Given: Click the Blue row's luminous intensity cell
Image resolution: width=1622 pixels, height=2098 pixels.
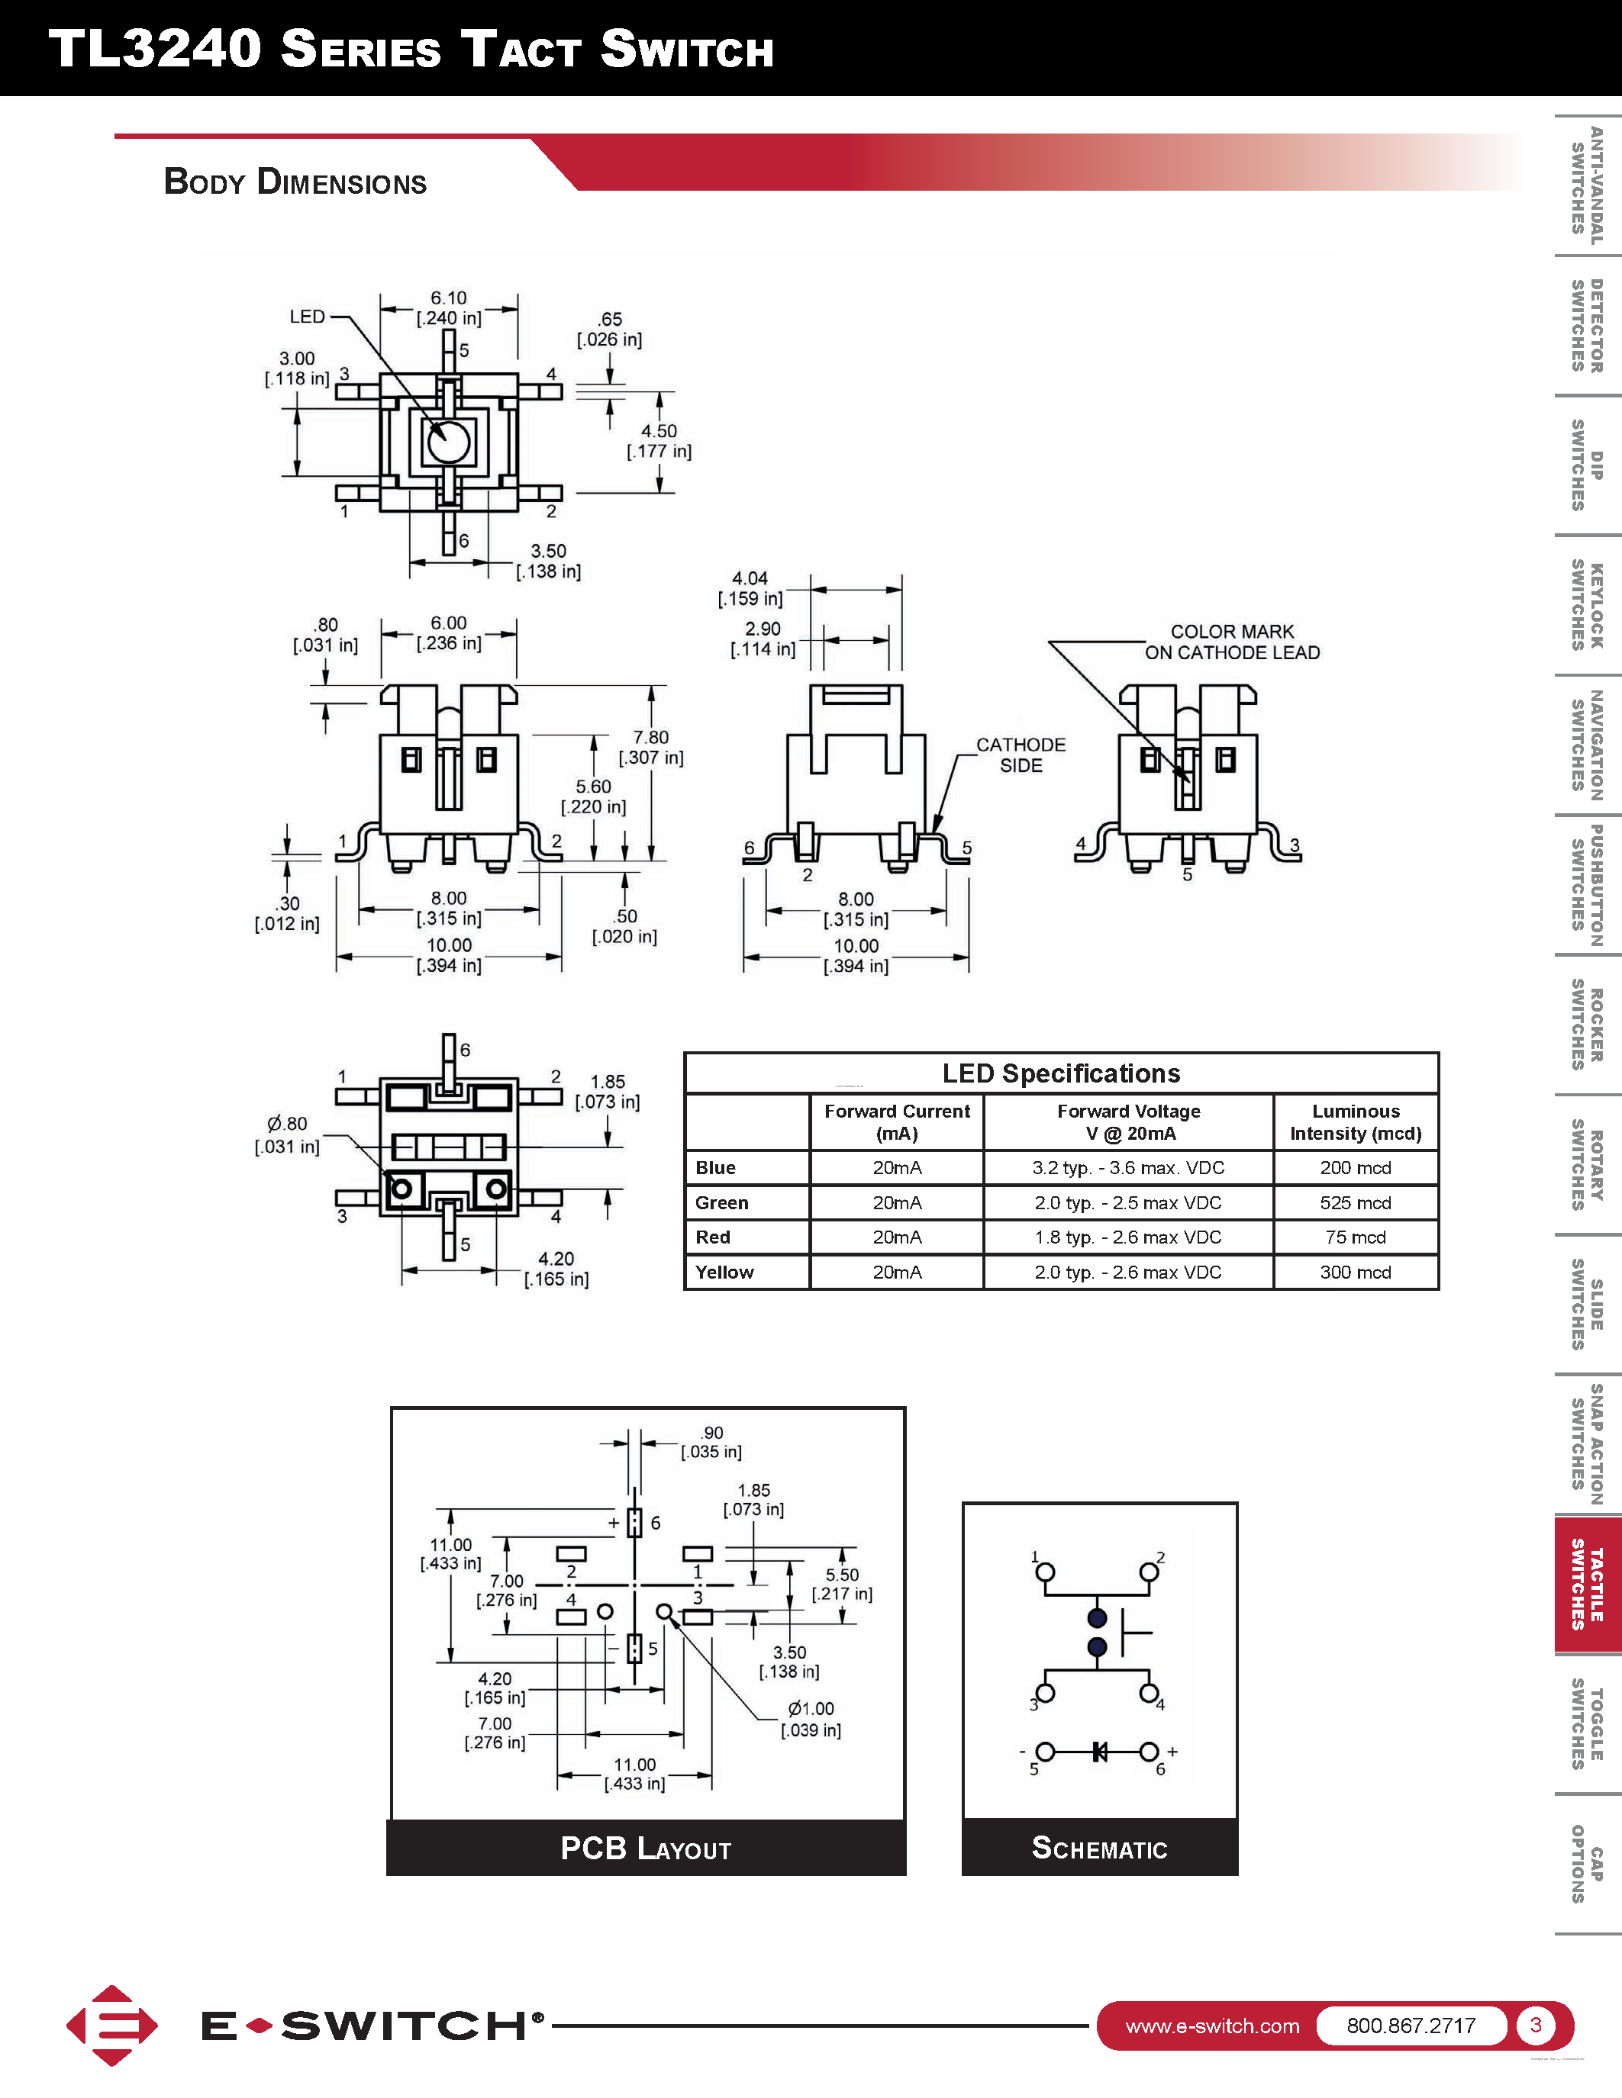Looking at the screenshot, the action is coord(1355,1167).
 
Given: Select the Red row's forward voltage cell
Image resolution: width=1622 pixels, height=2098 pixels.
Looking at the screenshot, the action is coord(1128,1237).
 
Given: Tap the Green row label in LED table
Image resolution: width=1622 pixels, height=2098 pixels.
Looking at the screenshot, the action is coord(721,1202).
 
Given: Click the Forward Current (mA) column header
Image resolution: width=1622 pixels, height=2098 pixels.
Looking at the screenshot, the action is coord(897,1122).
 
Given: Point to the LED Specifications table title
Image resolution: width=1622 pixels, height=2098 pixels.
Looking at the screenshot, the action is coord(1061,1073).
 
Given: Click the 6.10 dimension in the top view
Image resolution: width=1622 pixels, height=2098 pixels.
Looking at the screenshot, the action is coord(449,307).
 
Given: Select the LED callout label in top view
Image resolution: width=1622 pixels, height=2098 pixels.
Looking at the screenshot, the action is coord(308,316).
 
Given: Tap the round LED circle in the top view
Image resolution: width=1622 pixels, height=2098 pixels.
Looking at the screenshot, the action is coord(448,442).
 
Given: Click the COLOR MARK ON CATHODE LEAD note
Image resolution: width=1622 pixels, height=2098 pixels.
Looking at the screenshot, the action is coord(1232,642).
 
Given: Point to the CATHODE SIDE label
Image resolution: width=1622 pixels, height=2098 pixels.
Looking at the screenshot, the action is coord(1021,755).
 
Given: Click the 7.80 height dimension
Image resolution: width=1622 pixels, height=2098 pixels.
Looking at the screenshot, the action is coord(650,748).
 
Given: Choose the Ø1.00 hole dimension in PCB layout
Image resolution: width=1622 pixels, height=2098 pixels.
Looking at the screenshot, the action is coord(811,1720).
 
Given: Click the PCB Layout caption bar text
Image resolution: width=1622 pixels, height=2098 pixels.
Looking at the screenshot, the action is coord(646,1849).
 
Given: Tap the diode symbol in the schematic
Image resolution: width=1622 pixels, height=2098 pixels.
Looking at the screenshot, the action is coord(1099,1752).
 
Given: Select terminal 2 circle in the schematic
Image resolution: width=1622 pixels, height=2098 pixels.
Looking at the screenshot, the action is coord(1148,1572).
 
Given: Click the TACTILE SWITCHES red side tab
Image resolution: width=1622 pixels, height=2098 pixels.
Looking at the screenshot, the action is coord(1588,1585).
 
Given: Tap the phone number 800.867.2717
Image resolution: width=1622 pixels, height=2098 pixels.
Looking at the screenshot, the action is coord(1411,2026).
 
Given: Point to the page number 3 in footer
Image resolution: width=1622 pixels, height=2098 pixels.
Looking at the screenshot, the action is coord(1536,2025).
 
